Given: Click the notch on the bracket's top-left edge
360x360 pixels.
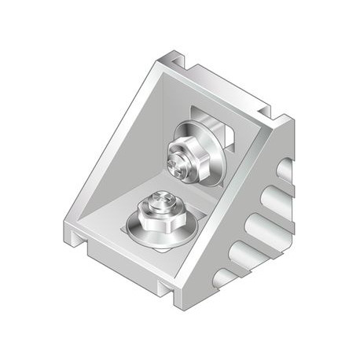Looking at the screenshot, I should click(x=175, y=60).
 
